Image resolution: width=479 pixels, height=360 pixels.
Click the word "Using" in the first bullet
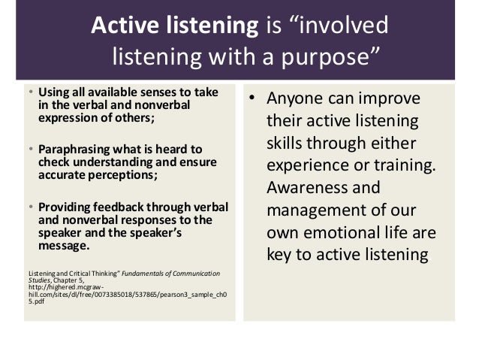coord(53,92)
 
